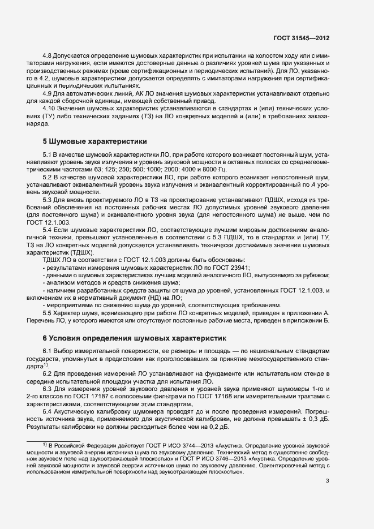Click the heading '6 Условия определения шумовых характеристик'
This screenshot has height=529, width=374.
point(135,338)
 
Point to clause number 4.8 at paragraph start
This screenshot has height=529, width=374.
point(48,57)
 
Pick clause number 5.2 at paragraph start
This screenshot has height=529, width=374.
point(48,177)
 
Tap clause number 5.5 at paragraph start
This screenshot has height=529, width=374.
point(48,312)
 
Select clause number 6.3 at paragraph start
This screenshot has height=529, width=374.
point(48,392)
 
